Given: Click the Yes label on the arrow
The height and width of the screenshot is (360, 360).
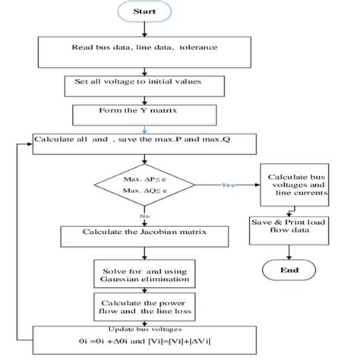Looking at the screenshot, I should coord(226,185).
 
